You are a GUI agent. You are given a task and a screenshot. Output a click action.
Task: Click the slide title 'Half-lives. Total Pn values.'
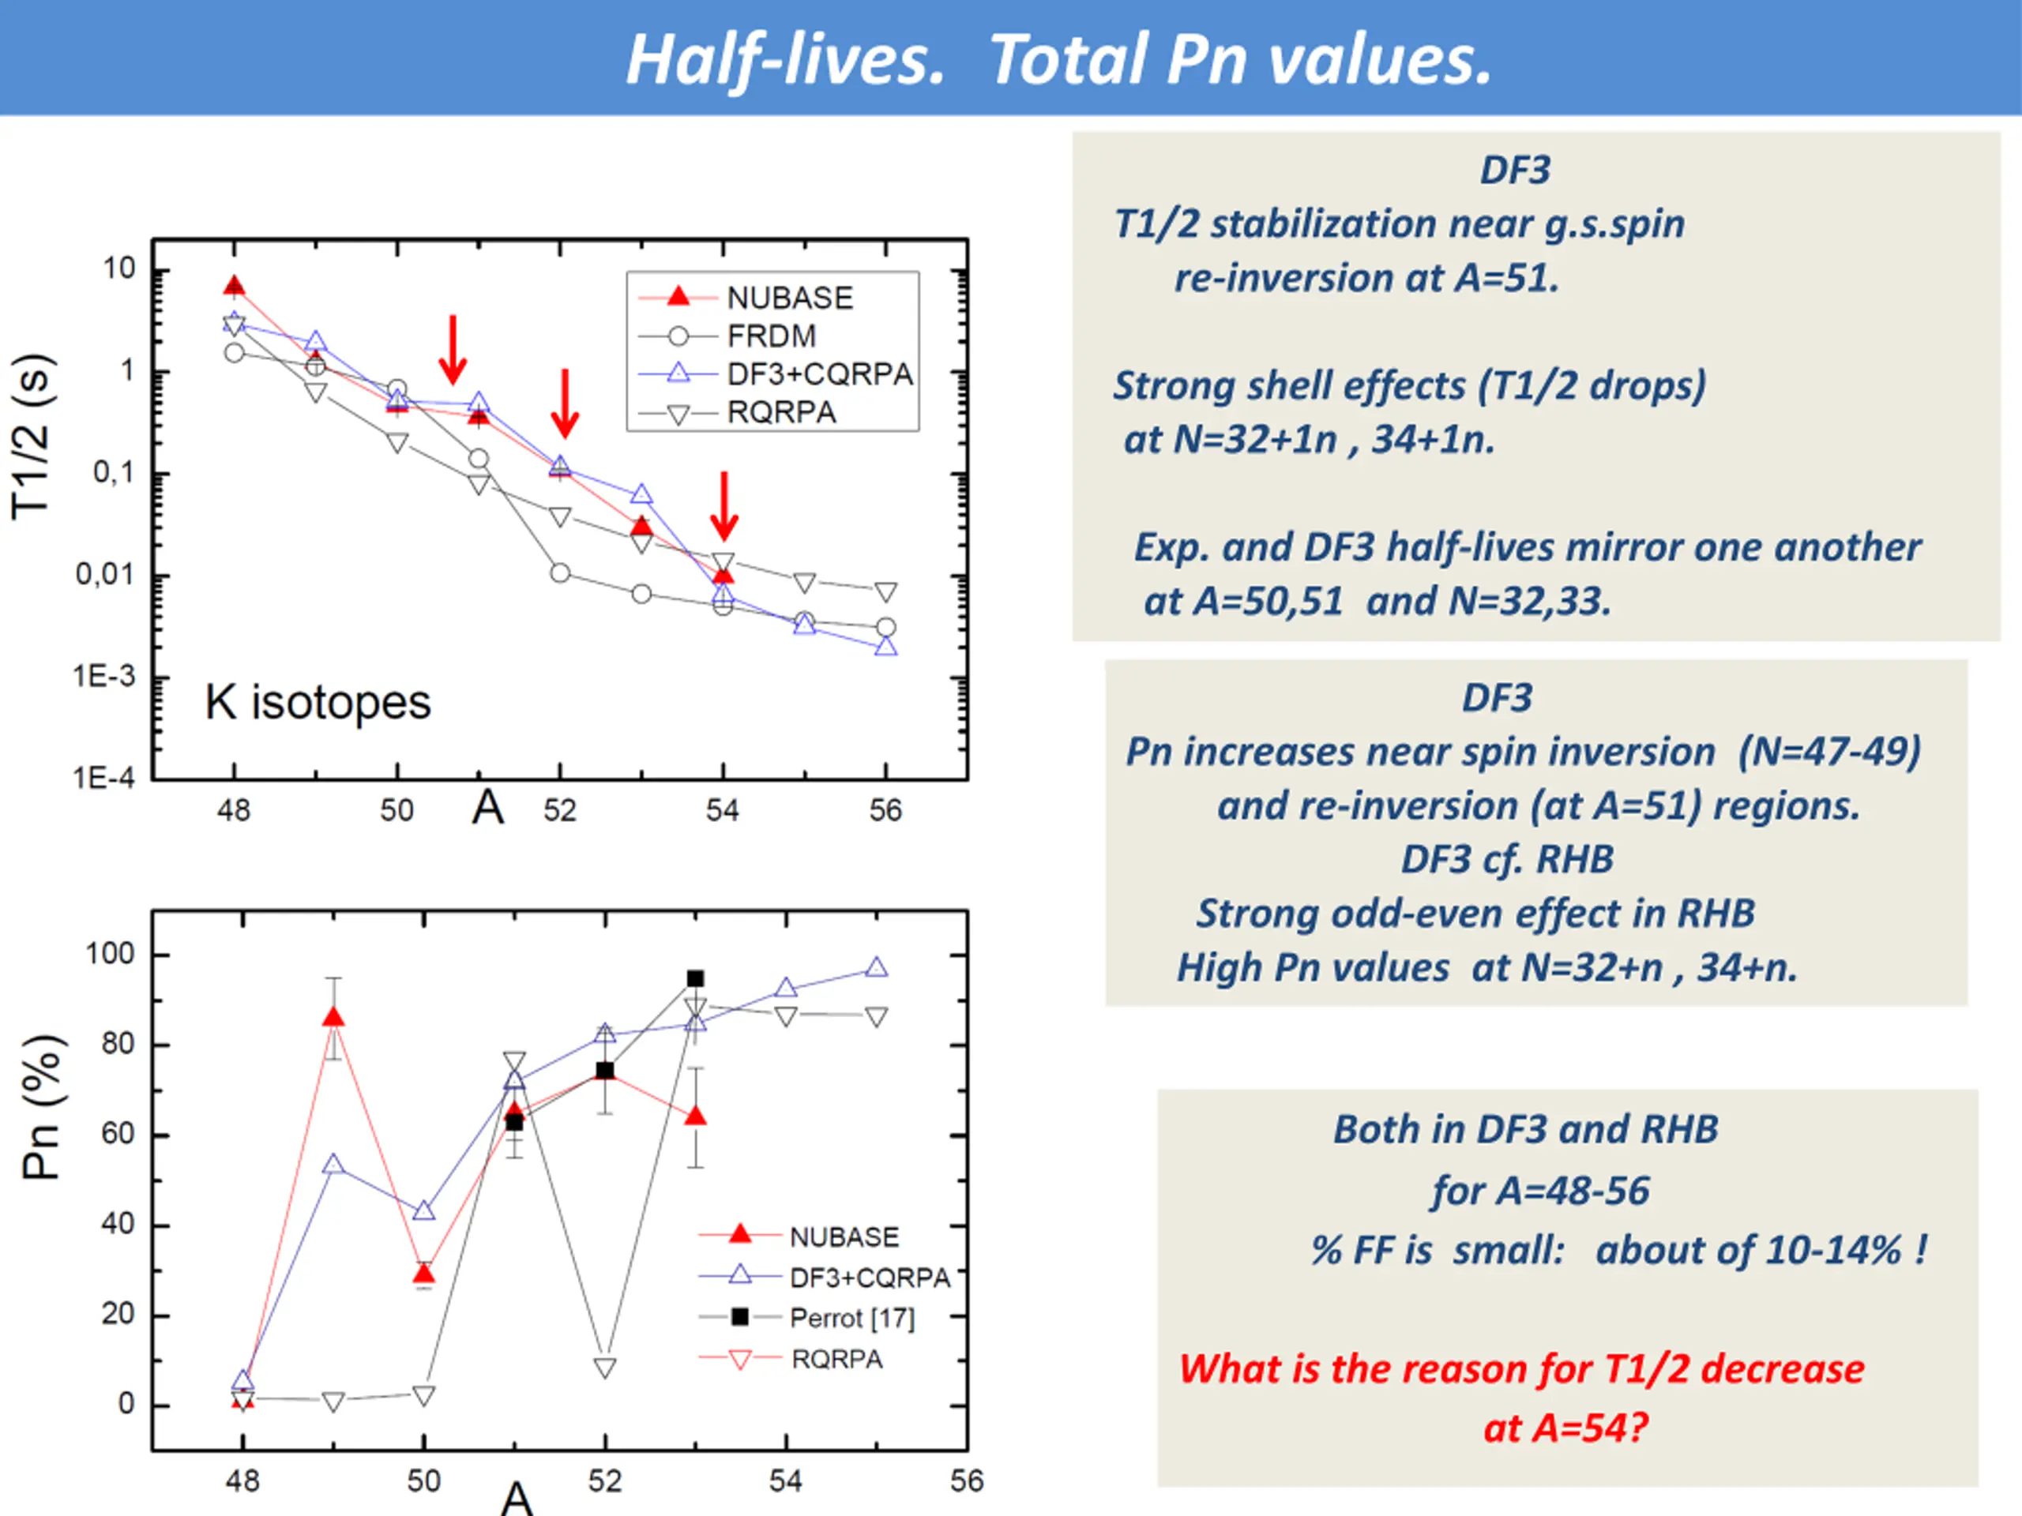tap(1058, 59)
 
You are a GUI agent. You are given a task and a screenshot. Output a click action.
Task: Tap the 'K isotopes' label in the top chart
tap(318, 702)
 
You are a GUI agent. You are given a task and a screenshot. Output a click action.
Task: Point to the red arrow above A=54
tap(724, 505)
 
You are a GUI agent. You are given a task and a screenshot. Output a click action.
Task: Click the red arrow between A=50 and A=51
tap(453, 350)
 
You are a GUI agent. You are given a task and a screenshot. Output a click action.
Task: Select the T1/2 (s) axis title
tap(33, 437)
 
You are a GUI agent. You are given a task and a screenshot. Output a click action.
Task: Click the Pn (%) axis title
tap(42, 1108)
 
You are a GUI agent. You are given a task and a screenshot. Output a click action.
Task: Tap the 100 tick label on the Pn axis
tap(110, 954)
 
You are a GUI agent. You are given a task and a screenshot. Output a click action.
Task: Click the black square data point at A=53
tap(695, 978)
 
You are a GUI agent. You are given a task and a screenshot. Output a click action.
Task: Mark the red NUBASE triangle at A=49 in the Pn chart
tap(333, 1018)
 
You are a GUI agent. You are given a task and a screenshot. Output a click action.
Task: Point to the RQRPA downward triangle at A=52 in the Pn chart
tap(604, 1367)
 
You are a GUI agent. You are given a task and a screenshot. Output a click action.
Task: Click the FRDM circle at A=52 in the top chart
tap(560, 573)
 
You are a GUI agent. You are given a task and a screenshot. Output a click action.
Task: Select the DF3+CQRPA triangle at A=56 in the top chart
tap(885, 647)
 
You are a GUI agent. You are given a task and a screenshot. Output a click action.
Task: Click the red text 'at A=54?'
tap(1565, 1428)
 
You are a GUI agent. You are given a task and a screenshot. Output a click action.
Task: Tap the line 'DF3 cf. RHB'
tap(1507, 859)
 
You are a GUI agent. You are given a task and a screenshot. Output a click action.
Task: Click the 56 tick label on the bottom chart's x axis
tap(967, 1481)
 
